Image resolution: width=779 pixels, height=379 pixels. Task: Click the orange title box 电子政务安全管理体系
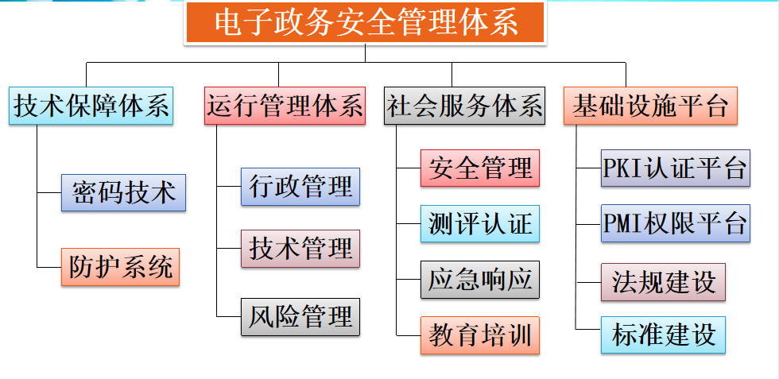click(x=366, y=23)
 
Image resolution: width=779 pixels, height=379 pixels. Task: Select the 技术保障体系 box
click(x=91, y=106)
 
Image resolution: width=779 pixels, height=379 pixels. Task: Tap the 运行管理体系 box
click(x=284, y=106)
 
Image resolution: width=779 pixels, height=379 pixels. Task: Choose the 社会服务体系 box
click(x=465, y=106)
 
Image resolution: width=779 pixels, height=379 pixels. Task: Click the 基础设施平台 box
click(x=651, y=106)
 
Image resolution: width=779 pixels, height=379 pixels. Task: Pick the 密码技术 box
click(x=123, y=193)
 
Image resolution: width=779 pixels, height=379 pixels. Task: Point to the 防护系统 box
click(x=121, y=267)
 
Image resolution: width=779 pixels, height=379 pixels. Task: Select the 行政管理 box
click(x=300, y=188)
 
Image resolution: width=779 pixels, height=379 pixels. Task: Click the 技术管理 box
click(x=300, y=249)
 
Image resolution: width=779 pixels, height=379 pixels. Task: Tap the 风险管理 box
click(x=300, y=318)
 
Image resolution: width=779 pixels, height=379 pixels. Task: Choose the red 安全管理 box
click(x=480, y=168)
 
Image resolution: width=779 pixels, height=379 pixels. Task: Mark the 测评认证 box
click(x=480, y=224)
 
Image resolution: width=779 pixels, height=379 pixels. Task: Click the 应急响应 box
click(x=480, y=279)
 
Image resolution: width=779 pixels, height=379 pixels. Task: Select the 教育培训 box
click(x=480, y=335)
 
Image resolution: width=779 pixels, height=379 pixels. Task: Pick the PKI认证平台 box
click(x=675, y=168)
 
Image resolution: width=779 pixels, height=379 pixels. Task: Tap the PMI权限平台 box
click(x=675, y=223)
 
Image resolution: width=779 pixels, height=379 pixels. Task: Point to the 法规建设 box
click(x=664, y=281)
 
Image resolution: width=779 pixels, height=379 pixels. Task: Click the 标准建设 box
click(x=664, y=335)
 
